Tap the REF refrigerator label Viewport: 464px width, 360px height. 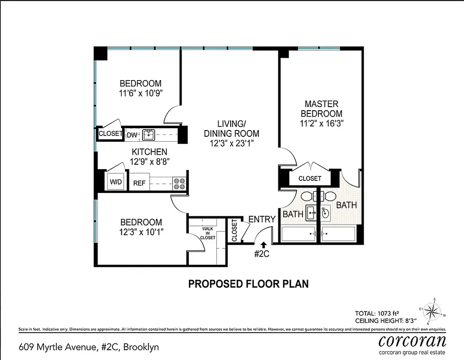pyautogui.click(x=138, y=184)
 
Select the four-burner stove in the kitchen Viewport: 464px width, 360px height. pyautogui.click(x=180, y=183)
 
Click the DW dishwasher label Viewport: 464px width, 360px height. pyautogui.click(x=132, y=134)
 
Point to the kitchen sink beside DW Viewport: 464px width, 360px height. pyautogui.click(x=148, y=134)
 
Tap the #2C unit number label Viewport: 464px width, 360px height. pyautogui.click(x=262, y=254)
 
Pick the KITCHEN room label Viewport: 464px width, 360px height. pyautogui.click(x=149, y=152)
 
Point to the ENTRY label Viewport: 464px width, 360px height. pyautogui.click(x=262, y=219)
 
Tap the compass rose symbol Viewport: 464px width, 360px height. pyautogui.click(x=433, y=310)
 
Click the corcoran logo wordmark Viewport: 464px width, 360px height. pyautogui.click(x=412, y=340)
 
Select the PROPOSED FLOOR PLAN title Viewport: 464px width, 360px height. pyautogui.click(x=248, y=284)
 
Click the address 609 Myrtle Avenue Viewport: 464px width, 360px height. pyautogui.click(x=89, y=347)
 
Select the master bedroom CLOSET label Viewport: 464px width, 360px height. pyautogui.click(x=310, y=179)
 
